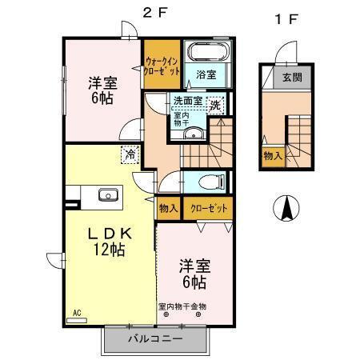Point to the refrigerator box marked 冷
(128, 154)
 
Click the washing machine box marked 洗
(215, 104)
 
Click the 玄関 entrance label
(294, 78)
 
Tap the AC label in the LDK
(78, 313)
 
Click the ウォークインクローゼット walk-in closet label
(163, 62)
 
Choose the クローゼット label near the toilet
(209, 208)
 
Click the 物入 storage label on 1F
(271, 154)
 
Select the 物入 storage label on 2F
(168, 208)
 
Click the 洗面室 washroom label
(189, 102)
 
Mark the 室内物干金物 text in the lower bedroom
(182, 306)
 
